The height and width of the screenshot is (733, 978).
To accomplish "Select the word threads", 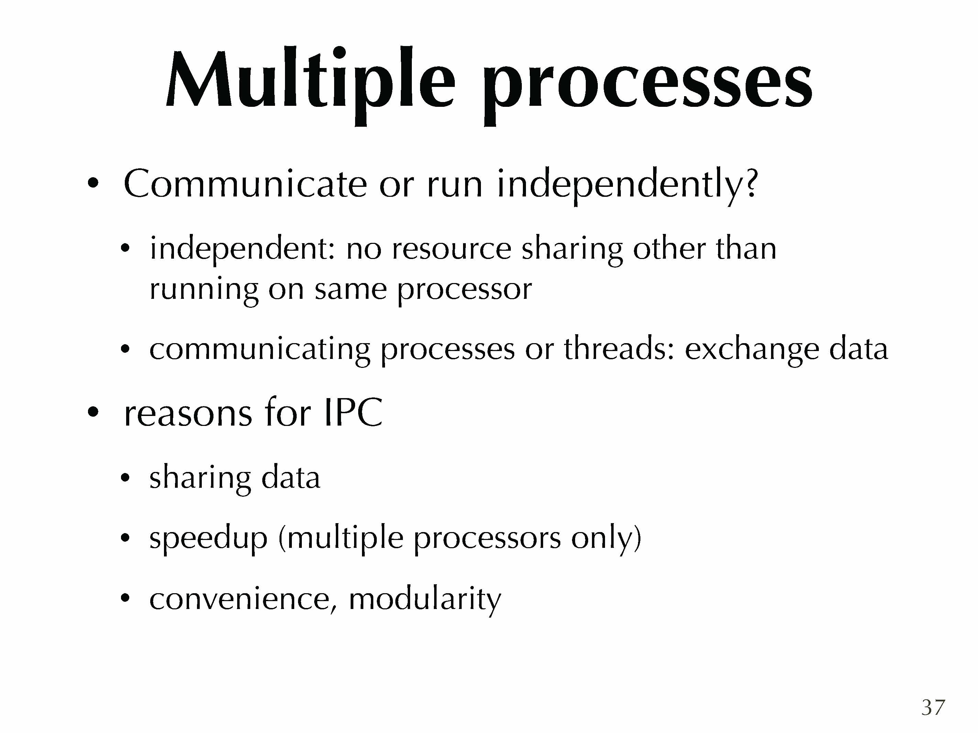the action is [619, 349].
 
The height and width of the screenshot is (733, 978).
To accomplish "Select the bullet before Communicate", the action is [92, 183].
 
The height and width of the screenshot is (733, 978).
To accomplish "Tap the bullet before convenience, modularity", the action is [125, 599].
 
